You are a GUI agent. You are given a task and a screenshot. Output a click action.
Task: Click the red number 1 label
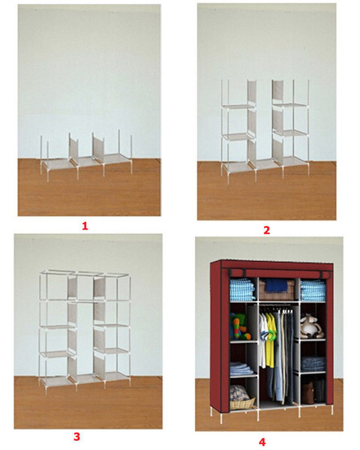point(85,226)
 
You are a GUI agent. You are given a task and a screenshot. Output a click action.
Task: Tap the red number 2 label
point(267,230)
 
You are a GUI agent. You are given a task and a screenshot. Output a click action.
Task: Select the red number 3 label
point(76,436)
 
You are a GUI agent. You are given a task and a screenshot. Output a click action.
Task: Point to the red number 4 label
point(262,442)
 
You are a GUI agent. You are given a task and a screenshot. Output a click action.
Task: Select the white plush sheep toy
point(312,326)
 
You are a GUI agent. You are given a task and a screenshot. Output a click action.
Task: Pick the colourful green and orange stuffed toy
point(239,326)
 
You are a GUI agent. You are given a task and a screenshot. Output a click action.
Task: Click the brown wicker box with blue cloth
point(277,289)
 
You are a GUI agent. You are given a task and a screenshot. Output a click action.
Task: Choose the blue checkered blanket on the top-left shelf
point(242,289)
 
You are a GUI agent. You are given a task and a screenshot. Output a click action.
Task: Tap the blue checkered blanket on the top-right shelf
point(313,290)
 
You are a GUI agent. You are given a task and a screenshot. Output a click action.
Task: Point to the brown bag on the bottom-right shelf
point(307,391)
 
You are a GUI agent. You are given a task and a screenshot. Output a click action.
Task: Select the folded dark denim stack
point(313,364)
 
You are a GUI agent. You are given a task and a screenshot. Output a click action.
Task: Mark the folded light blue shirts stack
point(242,369)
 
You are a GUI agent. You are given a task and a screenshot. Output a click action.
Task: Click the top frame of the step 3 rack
point(85,274)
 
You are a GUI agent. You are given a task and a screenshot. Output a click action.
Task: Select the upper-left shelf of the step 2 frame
point(238,107)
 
